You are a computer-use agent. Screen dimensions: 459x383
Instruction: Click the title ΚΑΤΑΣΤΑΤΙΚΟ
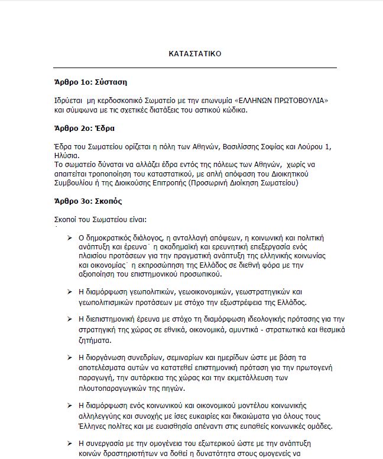[195, 53]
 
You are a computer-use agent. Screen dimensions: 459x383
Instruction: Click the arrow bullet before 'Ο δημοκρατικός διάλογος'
[70, 237]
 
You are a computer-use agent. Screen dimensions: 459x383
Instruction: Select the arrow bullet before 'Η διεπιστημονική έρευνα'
[70, 320]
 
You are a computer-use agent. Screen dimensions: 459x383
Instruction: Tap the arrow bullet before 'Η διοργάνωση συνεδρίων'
[70, 357]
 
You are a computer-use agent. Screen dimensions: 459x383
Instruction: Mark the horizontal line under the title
[195, 68]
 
